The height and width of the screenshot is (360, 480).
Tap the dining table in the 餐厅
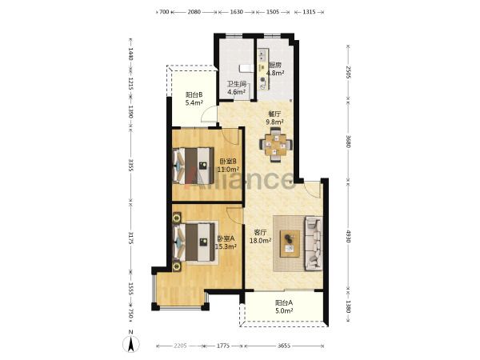pos(276,145)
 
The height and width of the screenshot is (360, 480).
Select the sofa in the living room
pos(314,244)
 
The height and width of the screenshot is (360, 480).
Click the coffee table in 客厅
pos(290,244)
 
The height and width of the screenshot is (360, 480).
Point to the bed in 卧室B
pos(193,166)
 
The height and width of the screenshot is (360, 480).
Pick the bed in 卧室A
pos(194,242)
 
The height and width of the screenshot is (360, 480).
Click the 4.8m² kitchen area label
pos(275,73)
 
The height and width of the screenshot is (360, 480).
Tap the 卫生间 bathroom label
pos(236,84)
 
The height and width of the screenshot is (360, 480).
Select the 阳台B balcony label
pos(194,95)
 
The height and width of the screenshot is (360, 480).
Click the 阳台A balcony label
pos(284,303)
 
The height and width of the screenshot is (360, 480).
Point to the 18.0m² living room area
pos(261,241)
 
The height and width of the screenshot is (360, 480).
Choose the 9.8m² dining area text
pos(274,122)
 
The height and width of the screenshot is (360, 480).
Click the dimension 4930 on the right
pos(348,236)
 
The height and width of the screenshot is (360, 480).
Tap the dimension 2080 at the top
pos(194,12)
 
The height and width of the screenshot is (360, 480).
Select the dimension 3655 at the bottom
pos(284,346)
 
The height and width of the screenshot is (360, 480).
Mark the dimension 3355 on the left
pos(130,166)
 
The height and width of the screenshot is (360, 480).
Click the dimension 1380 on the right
pos(348,306)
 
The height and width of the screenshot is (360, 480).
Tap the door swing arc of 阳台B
pos(206,111)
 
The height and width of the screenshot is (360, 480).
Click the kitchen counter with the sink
pos(263,69)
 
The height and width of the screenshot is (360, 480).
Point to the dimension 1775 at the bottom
pos(223,346)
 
